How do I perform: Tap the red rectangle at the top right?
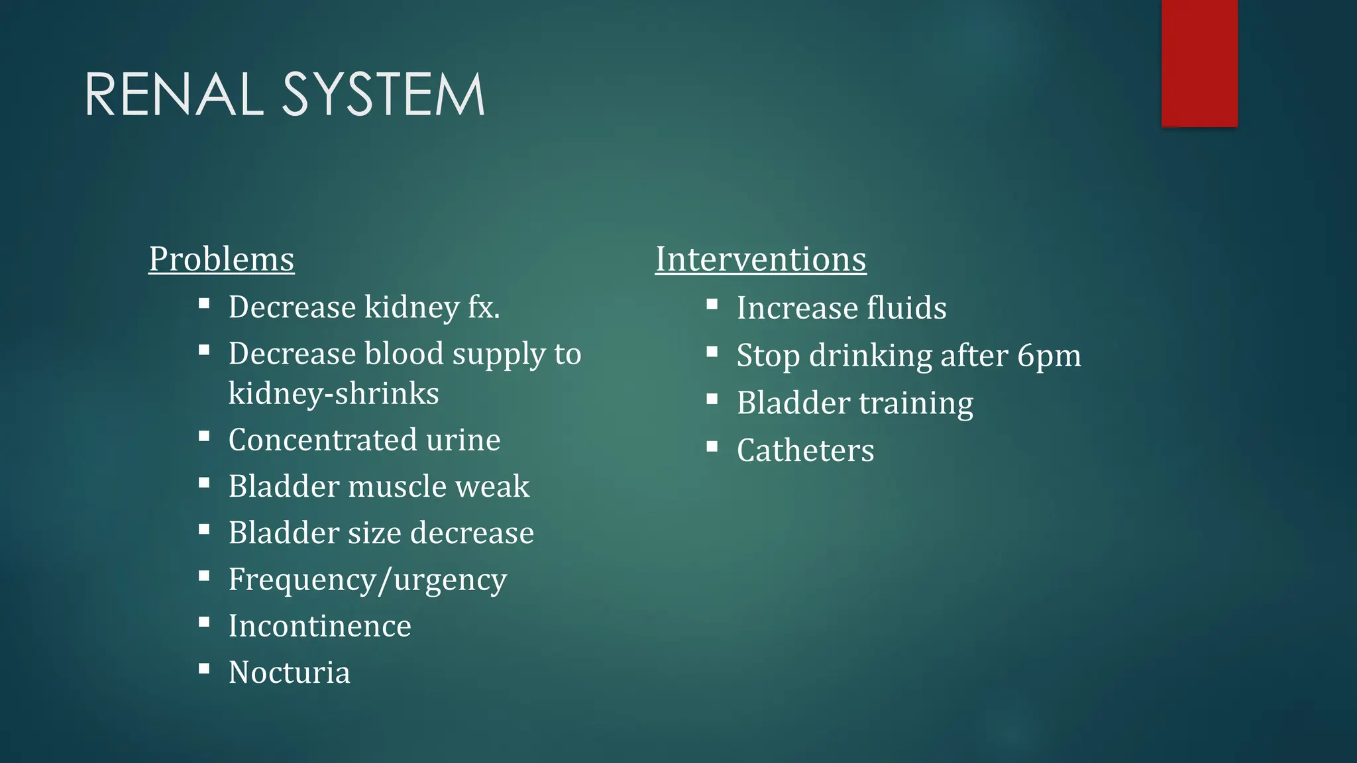pos(1199,63)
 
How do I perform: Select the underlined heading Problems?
pos(221,259)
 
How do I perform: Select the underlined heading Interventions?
pos(761,259)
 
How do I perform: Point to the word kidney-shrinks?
pos(333,393)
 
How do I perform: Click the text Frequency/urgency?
pos(368,580)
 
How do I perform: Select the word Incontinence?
pos(319,626)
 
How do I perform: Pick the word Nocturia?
pos(289,672)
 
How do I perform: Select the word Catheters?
pos(805,451)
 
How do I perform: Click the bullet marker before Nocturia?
pos(204,668)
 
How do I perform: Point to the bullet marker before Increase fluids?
pos(712,304)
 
